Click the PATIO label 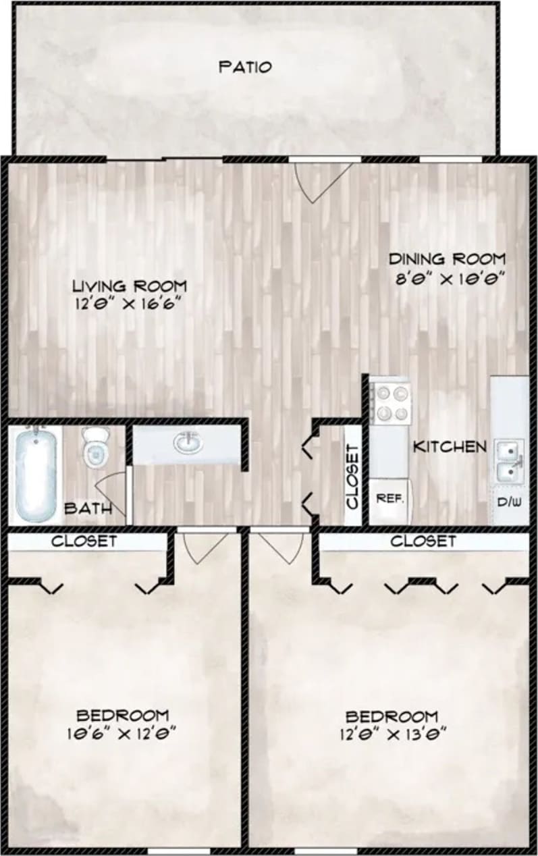(x=245, y=67)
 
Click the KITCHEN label (x=450, y=446)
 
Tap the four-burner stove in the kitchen (x=391, y=402)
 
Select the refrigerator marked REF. (x=389, y=500)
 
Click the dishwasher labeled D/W (x=510, y=502)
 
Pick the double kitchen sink (x=510, y=460)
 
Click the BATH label (x=88, y=508)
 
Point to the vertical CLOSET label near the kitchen (x=352, y=476)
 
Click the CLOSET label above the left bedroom (x=84, y=541)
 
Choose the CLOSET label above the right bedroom (x=423, y=541)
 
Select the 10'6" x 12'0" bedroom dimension (x=122, y=732)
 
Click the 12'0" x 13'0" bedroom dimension (x=392, y=732)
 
